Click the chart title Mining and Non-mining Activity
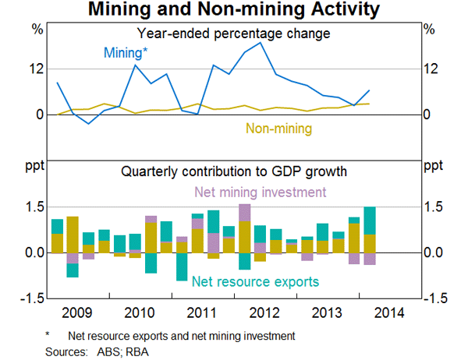234,10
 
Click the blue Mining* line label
125,53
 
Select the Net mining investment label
260,192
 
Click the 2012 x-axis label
264,313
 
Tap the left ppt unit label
36,165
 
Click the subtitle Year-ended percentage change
233,34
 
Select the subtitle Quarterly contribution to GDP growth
233,171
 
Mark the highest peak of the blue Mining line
261,43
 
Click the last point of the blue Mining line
369,90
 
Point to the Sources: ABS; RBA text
97,351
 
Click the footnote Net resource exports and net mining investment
181,337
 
